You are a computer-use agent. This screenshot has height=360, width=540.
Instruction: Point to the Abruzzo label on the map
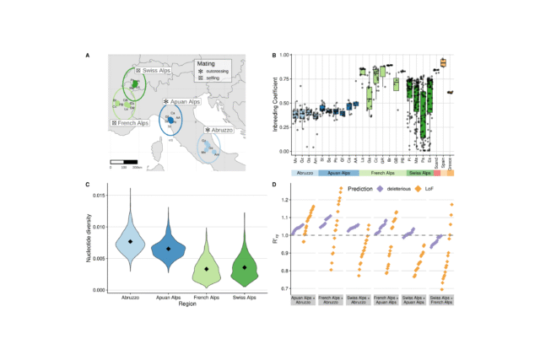(x=220, y=131)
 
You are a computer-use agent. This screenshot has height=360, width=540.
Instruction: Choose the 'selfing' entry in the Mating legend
(x=214, y=78)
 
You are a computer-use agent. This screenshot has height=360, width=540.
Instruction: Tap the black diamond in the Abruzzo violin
(x=131, y=241)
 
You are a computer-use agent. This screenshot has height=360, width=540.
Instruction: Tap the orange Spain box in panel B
(x=443, y=62)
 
